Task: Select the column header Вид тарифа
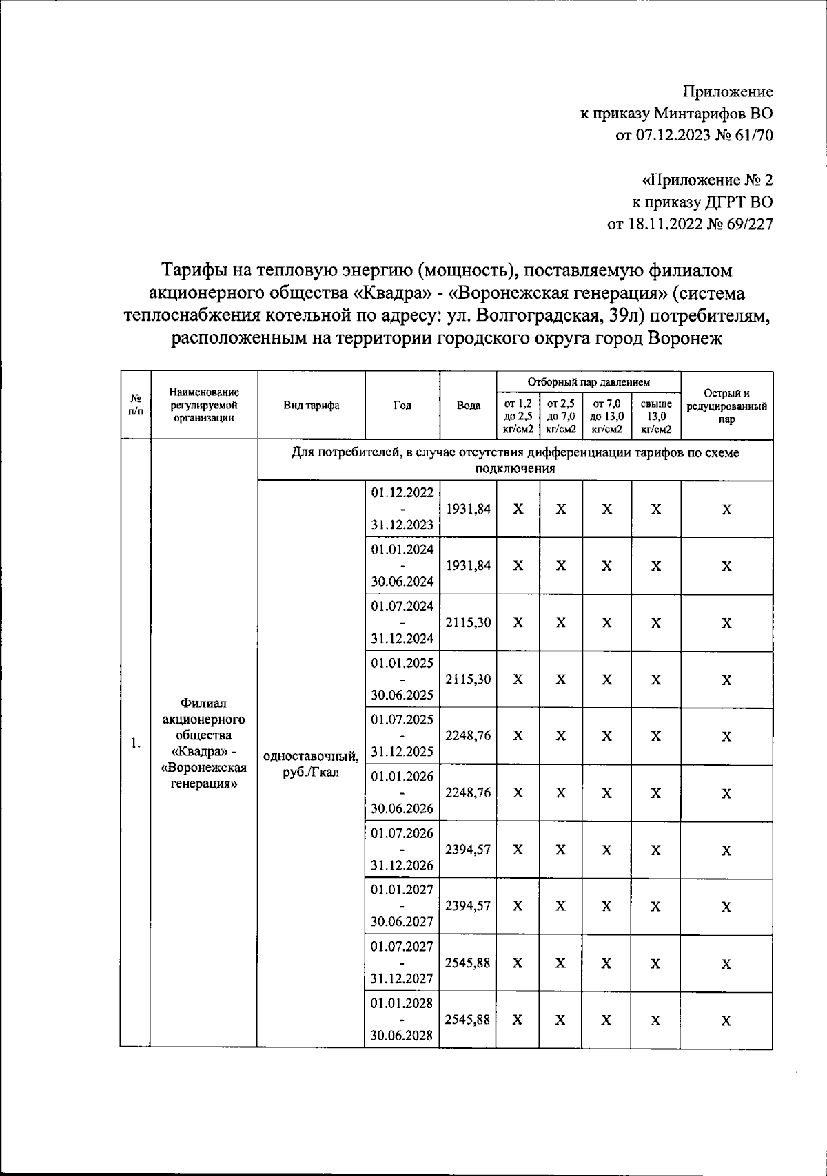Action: point(311,406)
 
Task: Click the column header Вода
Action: point(468,406)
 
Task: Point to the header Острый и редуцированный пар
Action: point(726,406)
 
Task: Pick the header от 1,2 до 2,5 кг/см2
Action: point(518,417)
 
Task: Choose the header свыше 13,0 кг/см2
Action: point(655,417)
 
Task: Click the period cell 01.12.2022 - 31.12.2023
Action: point(402,509)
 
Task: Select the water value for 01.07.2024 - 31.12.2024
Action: point(468,622)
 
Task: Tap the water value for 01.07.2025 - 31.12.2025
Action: point(468,735)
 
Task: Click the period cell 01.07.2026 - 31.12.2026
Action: point(402,849)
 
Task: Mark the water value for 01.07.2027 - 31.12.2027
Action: point(468,963)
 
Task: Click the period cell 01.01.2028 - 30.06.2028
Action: point(402,1020)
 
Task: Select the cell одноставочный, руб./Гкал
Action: point(311,764)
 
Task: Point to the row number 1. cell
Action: point(136,744)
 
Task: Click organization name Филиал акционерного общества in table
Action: point(203,719)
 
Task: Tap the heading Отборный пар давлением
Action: point(588,381)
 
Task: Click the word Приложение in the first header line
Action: point(728,92)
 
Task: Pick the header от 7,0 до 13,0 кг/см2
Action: point(606,417)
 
